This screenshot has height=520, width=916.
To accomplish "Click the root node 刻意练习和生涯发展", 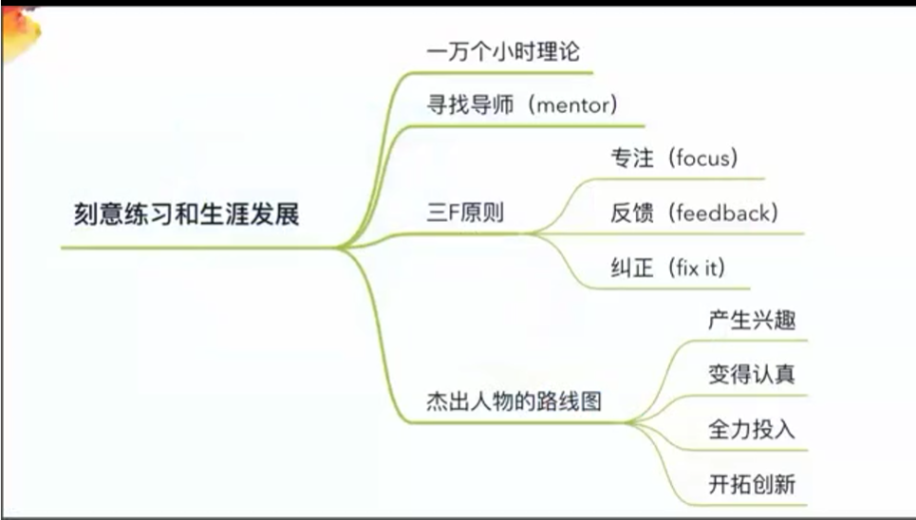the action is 186,214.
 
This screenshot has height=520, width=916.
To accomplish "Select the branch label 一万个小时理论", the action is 503,51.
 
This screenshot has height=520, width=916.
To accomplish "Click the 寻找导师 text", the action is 470,105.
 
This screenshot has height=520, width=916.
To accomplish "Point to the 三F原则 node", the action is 465,213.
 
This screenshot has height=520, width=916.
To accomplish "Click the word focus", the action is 702,158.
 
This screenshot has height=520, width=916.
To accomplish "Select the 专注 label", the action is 632,158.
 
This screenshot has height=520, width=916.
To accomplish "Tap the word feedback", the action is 723,213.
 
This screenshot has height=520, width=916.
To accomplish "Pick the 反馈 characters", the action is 632,213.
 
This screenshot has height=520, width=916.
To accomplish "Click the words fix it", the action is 697,268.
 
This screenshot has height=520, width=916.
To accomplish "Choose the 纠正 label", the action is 632,269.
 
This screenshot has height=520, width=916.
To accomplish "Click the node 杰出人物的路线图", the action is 514,401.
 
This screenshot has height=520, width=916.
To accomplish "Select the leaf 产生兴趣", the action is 752,320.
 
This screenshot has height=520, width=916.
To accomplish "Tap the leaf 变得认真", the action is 752,374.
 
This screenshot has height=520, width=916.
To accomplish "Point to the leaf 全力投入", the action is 752,429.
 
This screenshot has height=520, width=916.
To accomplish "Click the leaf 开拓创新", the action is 752,484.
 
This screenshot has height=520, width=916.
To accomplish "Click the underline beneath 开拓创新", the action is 749,505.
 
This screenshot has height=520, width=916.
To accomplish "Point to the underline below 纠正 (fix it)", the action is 667,288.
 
